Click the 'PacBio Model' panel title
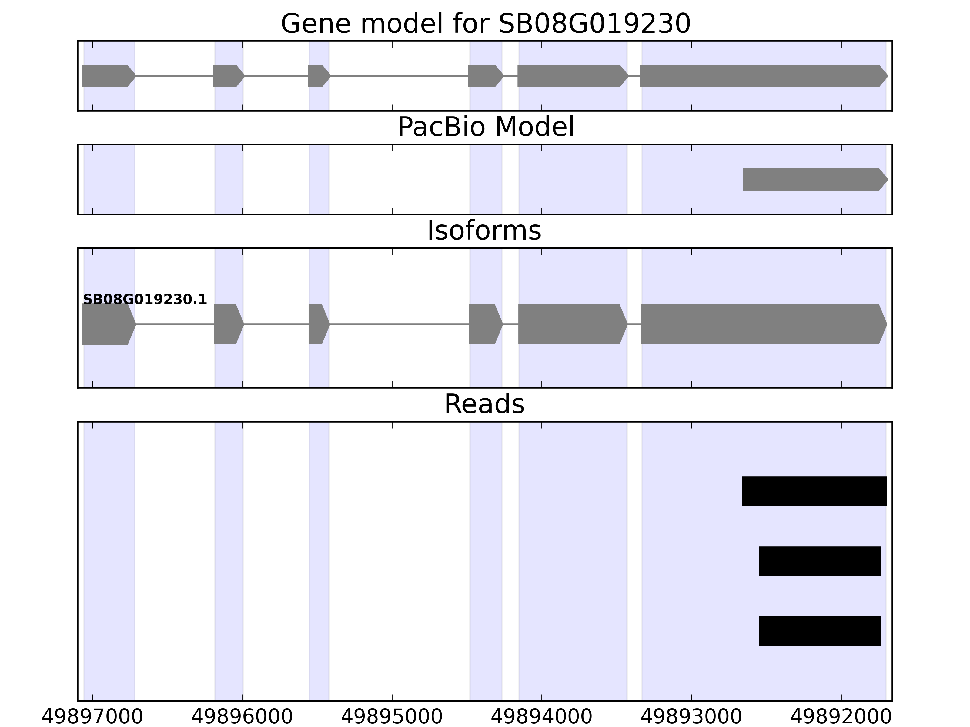coord(485,127)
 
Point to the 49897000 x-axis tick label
coord(92,717)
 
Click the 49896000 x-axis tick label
coord(242,717)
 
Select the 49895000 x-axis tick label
coord(392,717)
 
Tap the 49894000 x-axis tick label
coord(542,717)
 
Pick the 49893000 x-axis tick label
coord(691,717)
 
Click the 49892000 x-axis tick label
coord(841,717)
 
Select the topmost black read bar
coord(814,491)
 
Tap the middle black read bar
coord(820,561)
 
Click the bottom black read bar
coord(820,631)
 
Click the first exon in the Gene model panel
coord(107,76)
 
